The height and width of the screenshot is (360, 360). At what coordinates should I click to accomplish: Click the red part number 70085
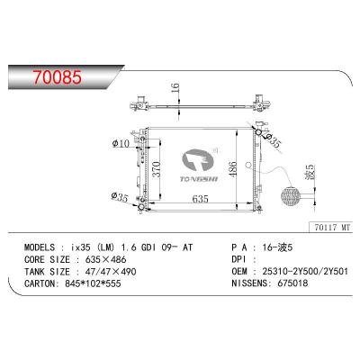58,77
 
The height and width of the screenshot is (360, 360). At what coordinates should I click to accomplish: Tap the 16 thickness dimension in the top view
175,88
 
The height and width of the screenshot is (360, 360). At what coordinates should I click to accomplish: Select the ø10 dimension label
121,144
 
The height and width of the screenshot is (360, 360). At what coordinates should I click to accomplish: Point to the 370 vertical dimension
157,169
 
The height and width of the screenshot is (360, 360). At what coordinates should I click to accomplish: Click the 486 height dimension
232,168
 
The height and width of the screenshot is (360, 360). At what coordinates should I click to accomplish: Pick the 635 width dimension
200,198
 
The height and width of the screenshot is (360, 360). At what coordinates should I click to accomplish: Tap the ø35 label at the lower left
120,197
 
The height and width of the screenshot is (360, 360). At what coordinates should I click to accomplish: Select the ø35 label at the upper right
274,140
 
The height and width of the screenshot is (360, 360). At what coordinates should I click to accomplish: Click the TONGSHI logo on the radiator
199,166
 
